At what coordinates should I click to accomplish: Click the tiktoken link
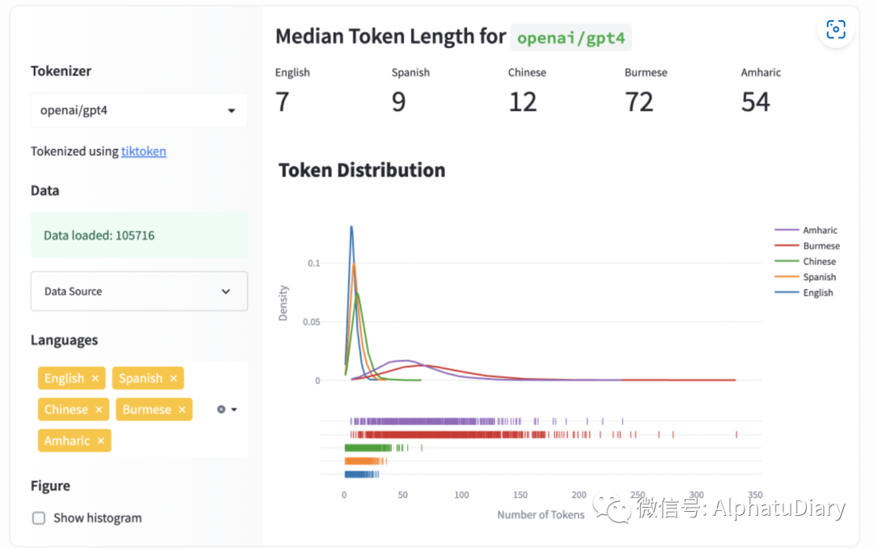[x=143, y=151]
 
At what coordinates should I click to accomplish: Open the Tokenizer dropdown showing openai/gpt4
[x=138, y=110]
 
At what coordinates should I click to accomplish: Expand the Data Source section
[x=138, y=292]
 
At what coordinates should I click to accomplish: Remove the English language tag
[x=95, y=378]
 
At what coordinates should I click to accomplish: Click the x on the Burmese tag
[x=182, y=410]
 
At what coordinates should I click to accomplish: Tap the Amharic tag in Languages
[x=66, y=440]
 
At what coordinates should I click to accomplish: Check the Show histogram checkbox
[x=39, y=518]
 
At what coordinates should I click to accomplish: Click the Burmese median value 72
[x=639, y=102]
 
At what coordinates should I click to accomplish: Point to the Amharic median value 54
[x=756, y=102]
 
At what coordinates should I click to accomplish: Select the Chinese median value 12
[x=523, y=102]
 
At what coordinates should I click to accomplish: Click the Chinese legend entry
[x=819, y=262]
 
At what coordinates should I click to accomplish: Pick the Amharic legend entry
[x=820, y=231]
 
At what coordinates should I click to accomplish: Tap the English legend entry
[x=818, y=293]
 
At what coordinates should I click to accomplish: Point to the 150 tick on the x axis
[x=520, y=494]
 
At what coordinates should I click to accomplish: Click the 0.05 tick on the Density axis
[x=310, y=321]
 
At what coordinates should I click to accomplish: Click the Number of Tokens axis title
[x=541, y=514]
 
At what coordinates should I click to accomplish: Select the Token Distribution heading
[x=362, y=170]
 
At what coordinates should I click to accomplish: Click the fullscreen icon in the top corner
[x=835, y=30]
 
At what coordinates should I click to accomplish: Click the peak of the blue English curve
[x=351, y=227]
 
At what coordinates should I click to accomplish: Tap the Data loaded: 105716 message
[x=99, y=236]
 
